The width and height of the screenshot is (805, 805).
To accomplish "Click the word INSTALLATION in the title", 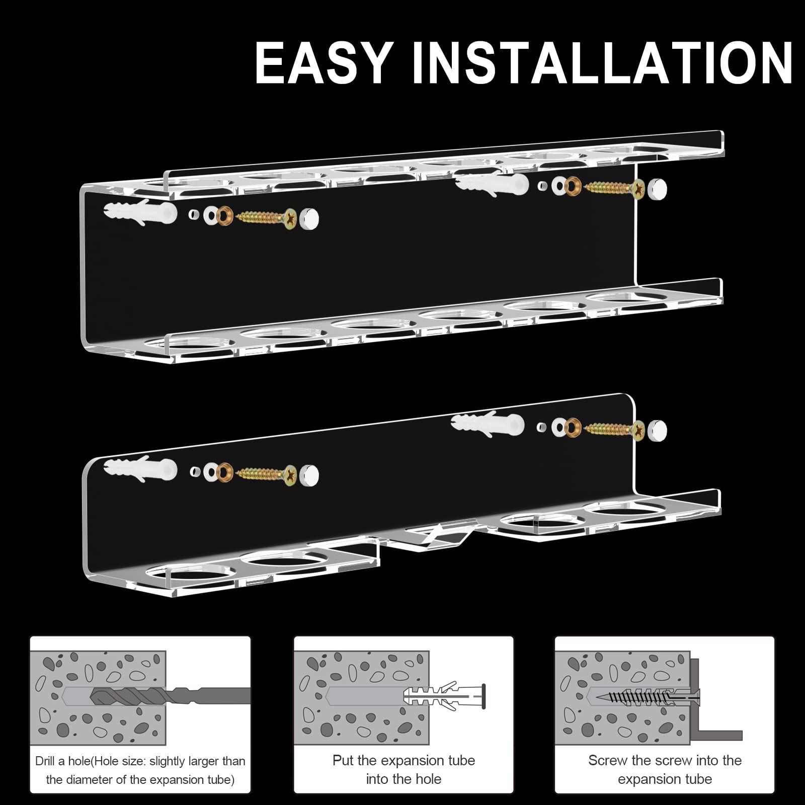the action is [x=609, y=63].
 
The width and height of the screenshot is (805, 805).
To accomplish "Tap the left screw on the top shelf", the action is [x=266, y=217].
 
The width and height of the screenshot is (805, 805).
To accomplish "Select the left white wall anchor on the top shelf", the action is [x=140, y=213].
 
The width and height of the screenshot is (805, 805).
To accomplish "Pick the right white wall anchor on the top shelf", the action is [x=492, y=183].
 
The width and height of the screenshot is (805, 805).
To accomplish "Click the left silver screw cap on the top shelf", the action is [x=309, y=219].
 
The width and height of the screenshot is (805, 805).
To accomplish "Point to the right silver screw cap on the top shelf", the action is [x=657, y=189].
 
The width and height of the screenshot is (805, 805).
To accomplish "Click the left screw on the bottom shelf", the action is [x=266, y=474].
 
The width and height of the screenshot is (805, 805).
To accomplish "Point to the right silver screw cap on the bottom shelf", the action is [x=657, y=431].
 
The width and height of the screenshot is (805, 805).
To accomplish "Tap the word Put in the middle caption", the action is [x=343, y=760].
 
